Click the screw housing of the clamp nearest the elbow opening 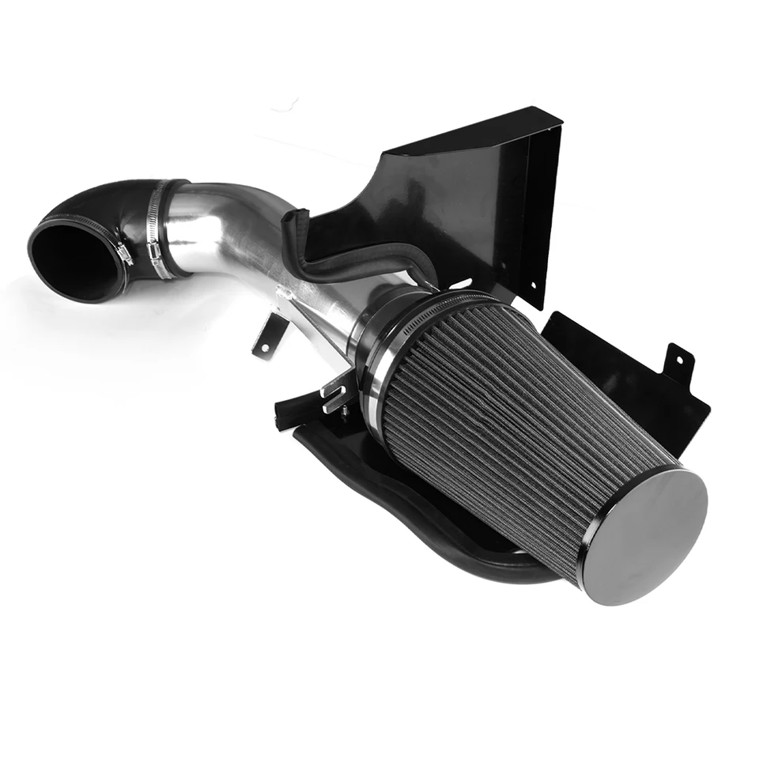(x=124, y=254)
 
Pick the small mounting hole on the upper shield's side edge (x=532, y=285)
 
